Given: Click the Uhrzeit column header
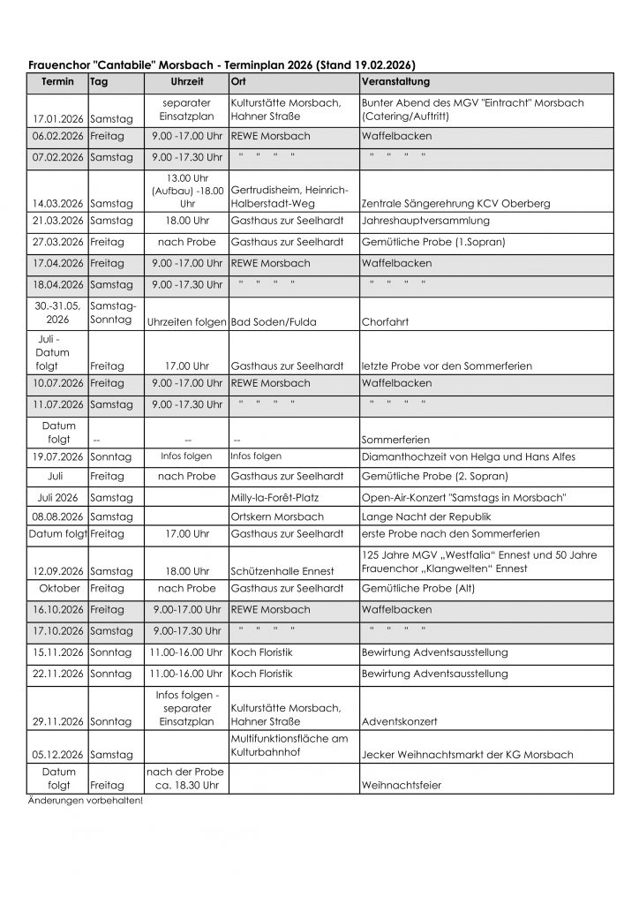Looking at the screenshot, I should pyautogui.click(x=187, y=81).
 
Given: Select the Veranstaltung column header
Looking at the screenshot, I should pyautogui.click(x=395, y=81).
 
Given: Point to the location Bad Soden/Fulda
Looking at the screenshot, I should pyautogui.click(x=271, y=322).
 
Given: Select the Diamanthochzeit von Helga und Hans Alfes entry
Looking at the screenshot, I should pyautogui.click(x=468, y=456).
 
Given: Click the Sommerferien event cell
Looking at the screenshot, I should pyautogui.click(x=395, y=439).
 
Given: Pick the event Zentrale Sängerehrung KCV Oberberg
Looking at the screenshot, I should pyautogui.click(x=455, y=204).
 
